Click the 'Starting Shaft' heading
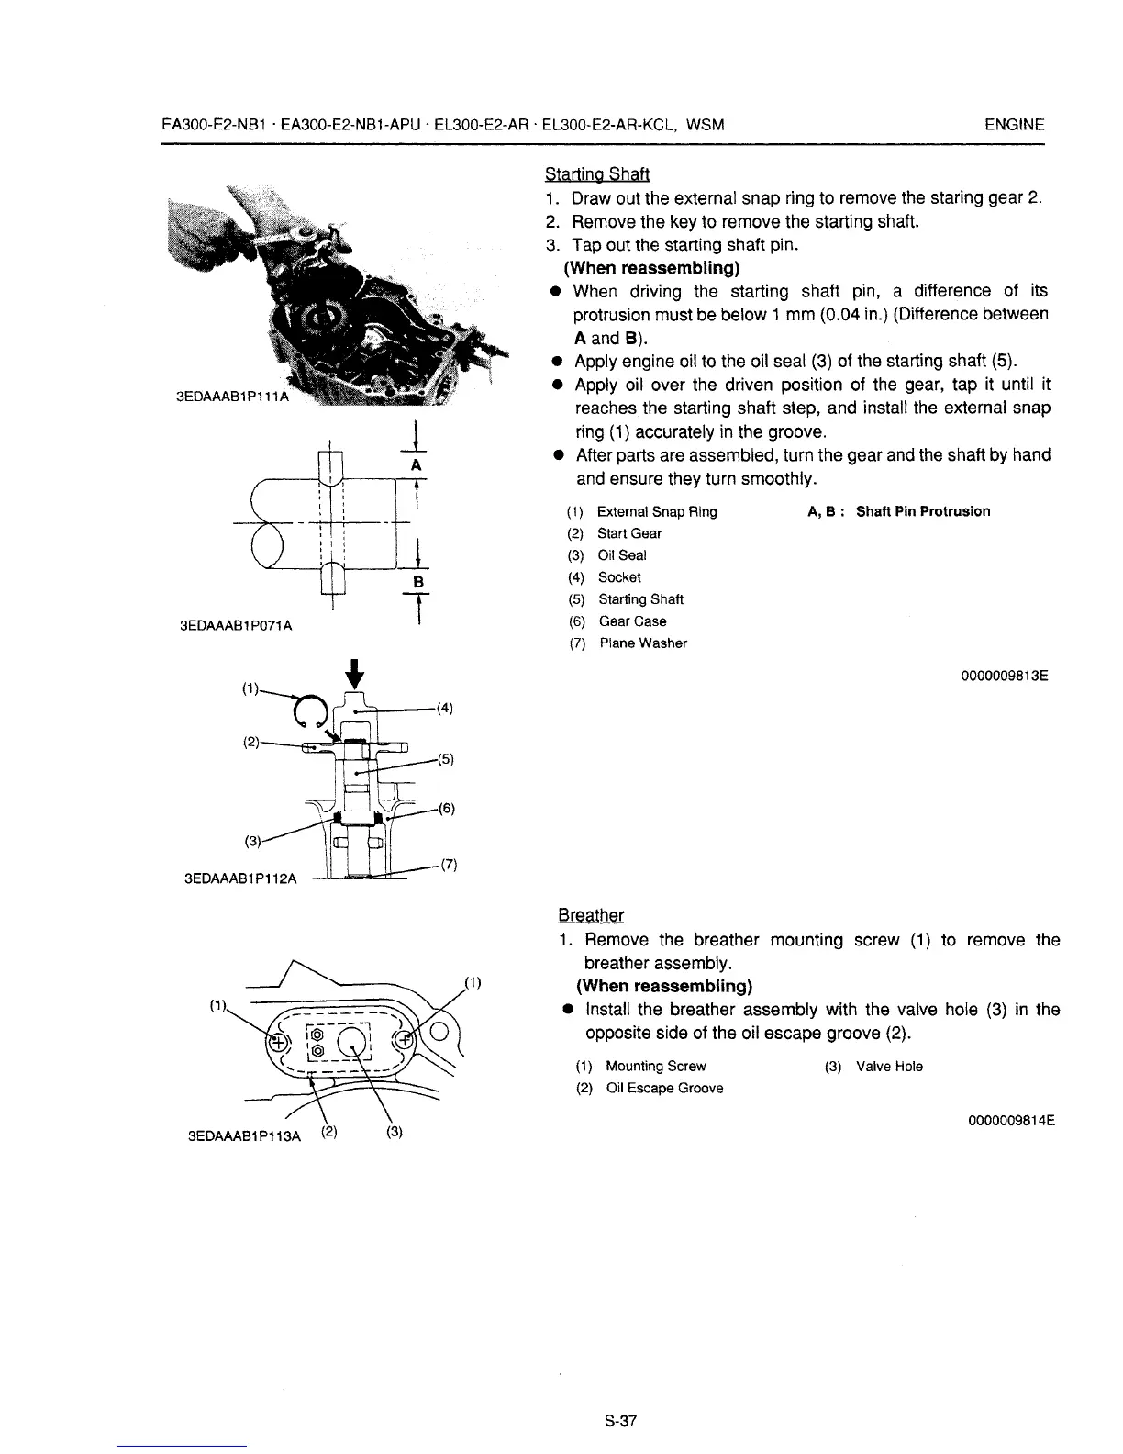click(x=597, y=173)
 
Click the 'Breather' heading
click(x=591, y=915)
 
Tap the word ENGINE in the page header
click(x=1014, y=125)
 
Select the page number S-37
click(x=620, y=1422)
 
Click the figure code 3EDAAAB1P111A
click(x=231, y=397)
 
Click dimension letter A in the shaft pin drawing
click(x=416, y=465)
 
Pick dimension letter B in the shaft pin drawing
click(x=417, y=582)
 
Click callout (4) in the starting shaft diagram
click(x=444, y=708)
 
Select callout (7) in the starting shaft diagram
click(x=448, y=865)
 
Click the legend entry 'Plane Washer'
click(x=642, y=643)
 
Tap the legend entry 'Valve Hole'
click(x=889, y=1067)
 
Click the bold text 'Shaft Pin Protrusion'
click(x=923, y=511)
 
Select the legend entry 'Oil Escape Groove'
click(x=664, y=1089)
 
